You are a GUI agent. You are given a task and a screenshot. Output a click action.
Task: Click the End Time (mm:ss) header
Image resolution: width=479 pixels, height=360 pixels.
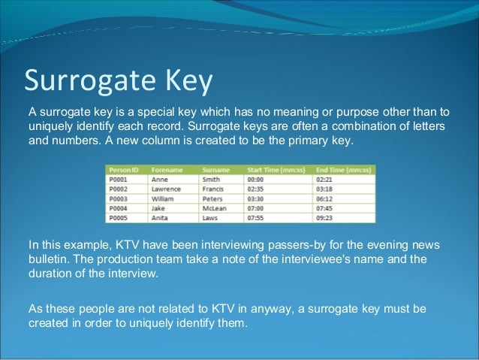coord(345,170)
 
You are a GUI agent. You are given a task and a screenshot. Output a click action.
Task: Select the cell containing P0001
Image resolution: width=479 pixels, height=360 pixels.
coord(120,180)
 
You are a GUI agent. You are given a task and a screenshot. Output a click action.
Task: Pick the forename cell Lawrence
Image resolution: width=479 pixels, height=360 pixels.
coord(167,189)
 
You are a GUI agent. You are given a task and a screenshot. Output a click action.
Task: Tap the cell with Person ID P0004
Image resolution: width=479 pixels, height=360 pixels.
coord(120,209)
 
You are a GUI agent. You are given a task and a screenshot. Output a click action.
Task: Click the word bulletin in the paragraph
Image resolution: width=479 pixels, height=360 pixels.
coord(48,259)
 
